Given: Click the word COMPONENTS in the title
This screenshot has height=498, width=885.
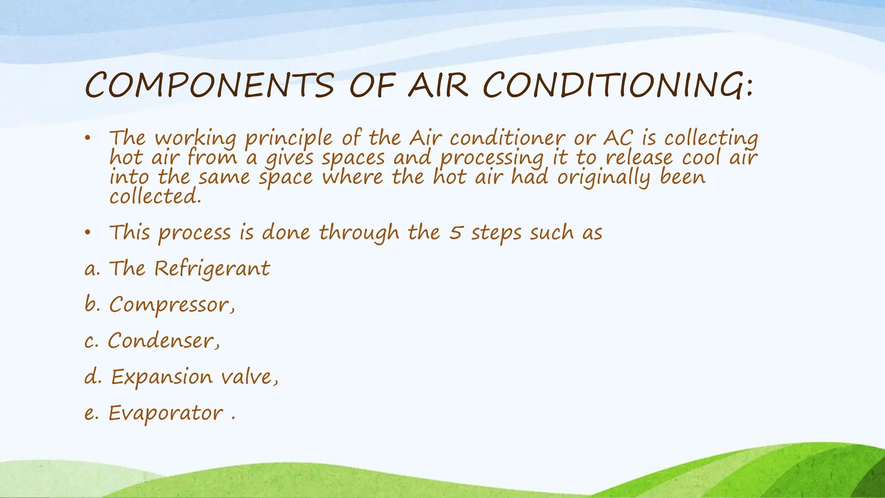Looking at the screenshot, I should pos(209,85).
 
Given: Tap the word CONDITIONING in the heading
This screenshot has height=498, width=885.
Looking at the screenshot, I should pos(618,85).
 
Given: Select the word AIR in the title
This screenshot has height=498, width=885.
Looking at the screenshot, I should pos(438,85).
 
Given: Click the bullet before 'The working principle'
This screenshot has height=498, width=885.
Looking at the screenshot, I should pos(88,138).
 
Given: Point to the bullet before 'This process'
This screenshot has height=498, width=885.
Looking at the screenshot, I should pos(88,233).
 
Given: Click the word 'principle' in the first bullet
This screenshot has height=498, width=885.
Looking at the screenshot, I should pos(288,139).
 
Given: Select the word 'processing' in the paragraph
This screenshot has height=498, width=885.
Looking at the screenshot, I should pos(491,158).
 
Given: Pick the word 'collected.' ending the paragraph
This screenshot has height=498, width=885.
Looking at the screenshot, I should pos(155,197).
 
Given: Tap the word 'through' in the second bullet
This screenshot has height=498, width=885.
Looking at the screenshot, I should pos(359,233).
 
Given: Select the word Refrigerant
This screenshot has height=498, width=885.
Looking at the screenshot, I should pos(212,269).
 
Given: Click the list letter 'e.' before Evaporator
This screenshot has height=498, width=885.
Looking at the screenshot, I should pos(92,414).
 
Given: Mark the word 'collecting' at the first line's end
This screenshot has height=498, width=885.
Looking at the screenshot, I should pos(711,139).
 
